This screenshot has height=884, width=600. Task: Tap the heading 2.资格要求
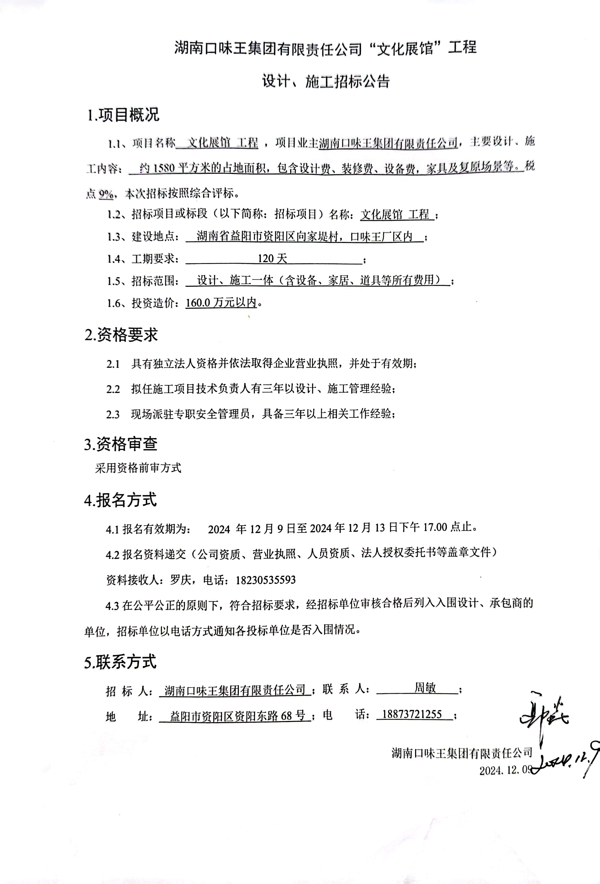121,335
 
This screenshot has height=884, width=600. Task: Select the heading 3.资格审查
121,444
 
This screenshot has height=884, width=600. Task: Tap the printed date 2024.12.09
504,778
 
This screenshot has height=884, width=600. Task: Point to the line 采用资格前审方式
138,468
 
